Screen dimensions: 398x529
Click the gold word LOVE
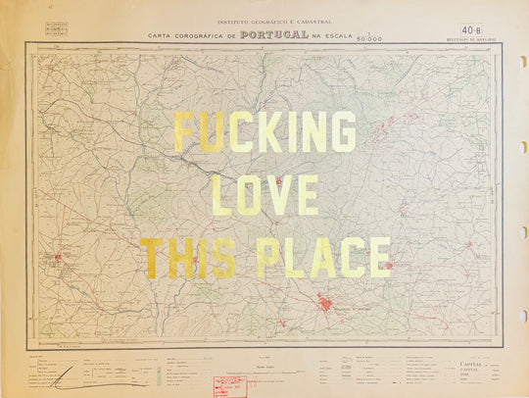tap(264, 196)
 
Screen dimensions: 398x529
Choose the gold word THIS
tap(187, 257)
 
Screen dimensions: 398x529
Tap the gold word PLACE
tap(323, 257)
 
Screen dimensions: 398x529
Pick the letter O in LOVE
tap(250, 196)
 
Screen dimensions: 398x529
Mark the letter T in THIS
tap(152, 257)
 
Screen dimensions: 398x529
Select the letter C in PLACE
tap(346, 257)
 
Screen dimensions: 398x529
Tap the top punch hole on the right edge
tap(523, 60)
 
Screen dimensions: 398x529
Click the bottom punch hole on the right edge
tap(523, 316)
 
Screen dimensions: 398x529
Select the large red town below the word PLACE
tap(324, 304)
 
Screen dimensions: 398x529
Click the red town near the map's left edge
tap(58, 260)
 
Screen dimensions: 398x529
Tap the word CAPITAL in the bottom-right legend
tap(471, 364)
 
